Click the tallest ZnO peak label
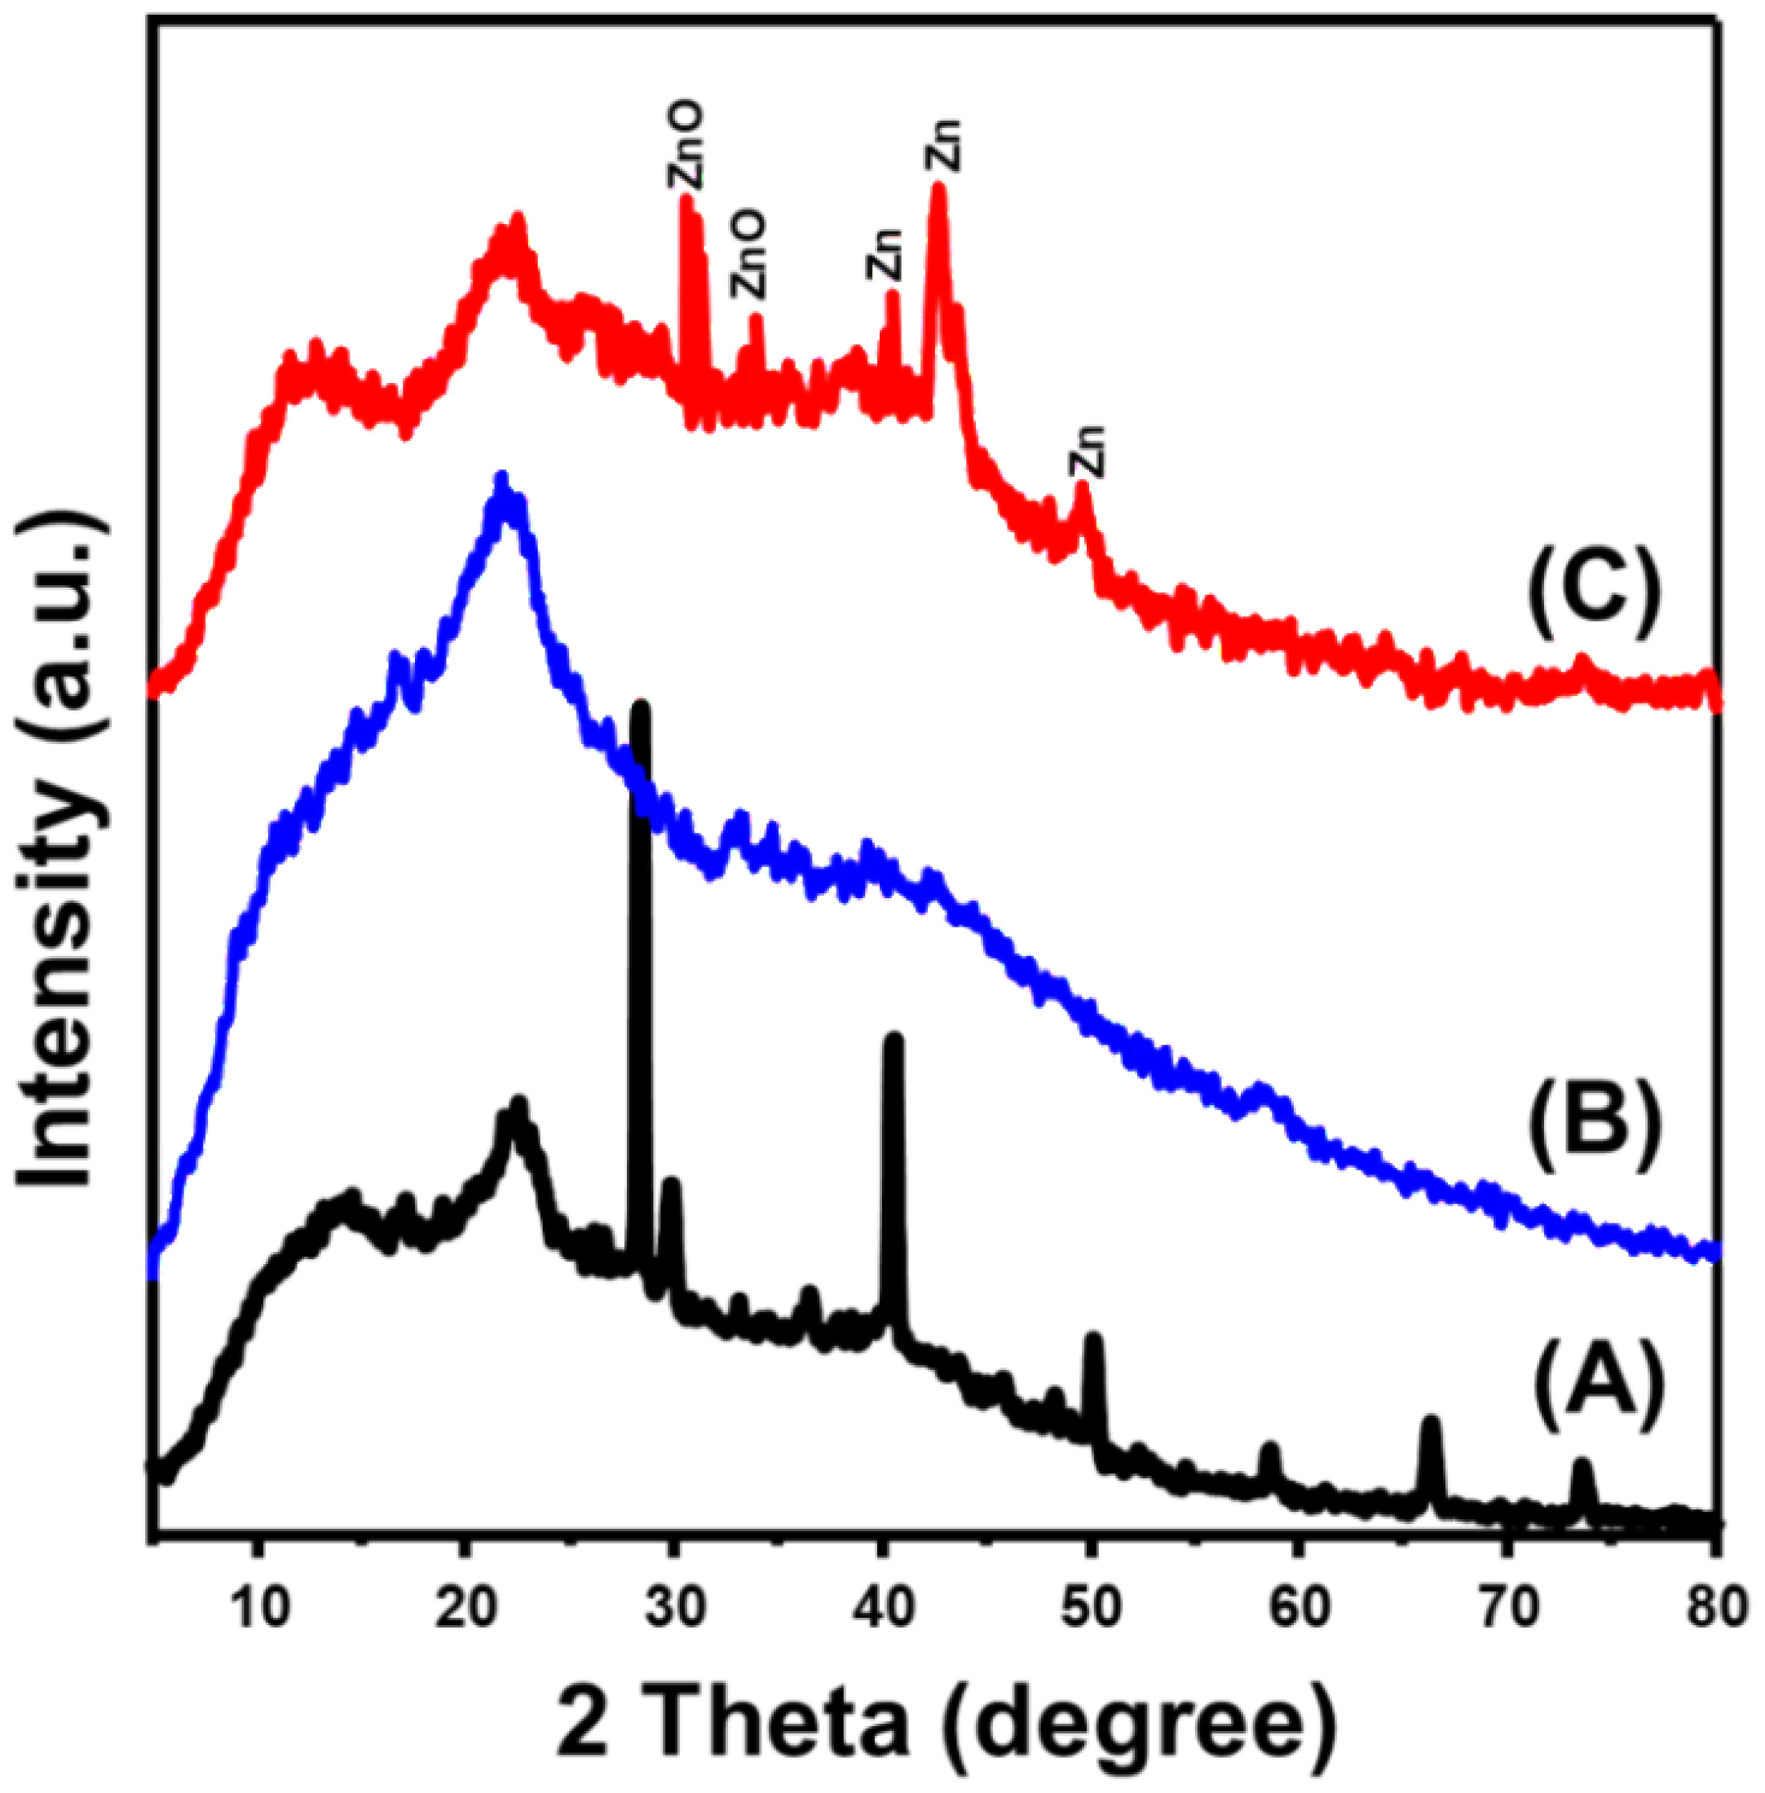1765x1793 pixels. pyautogui.click(x=686, y=147)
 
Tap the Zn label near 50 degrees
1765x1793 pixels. pyautogui.click(x=1087, y=451)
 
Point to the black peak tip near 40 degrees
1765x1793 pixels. pyautogui.click(x=893, y=1039)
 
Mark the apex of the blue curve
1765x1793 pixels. pyautogui.click(x=502, y=479)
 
